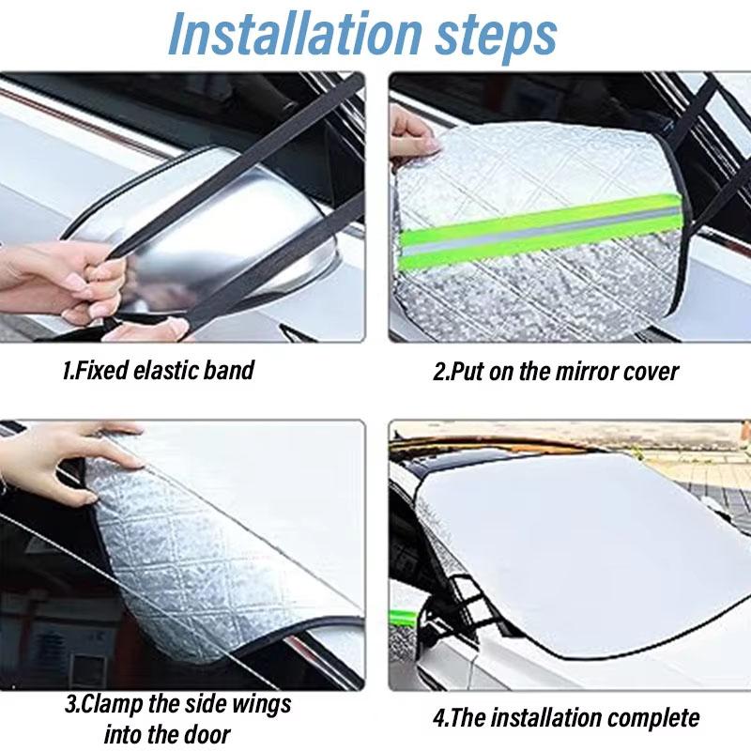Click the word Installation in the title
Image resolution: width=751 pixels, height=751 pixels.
coord(283,35)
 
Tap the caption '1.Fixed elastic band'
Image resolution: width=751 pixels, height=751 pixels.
coord(158,370)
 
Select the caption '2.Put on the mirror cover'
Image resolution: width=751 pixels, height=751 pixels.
coord(555,371)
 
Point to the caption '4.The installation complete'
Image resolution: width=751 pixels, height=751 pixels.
coord(566,719)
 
